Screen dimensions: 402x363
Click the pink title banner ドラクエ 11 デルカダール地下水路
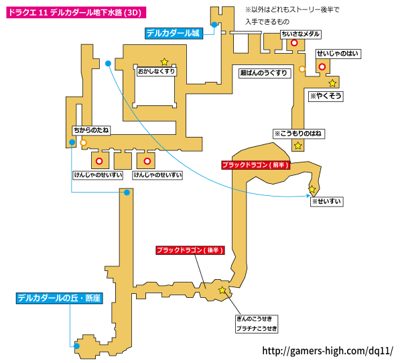tap(76, 12)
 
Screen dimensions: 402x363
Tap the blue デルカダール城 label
tap(174, 34)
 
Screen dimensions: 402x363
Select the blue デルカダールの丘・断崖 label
tap(60, 299)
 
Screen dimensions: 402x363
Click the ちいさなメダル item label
tap(301, 34)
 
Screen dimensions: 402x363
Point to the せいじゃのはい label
tap(338, 54)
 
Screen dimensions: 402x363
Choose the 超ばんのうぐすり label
tap(264, 73)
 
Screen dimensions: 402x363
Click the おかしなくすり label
tap(156, 71)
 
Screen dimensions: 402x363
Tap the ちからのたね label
tap(91, 130)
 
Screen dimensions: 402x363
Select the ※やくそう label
tap(326, 96)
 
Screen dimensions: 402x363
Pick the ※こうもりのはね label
tap(299, 134)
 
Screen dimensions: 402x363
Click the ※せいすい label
tap(327, 201)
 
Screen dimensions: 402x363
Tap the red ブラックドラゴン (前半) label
tap(256, 165)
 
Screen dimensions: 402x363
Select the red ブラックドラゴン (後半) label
tap(190, 250)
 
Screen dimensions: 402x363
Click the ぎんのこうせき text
tap(254, 319)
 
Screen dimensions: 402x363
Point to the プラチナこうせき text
tap(257, 328)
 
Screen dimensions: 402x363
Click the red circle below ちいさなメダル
tap(294, 43)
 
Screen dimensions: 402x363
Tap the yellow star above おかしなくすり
tap(164, 62)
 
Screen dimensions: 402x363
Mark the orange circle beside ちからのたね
tap(83, 143)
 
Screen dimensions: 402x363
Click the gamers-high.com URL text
tap(328, 351)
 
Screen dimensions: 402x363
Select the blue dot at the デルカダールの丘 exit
tap(76, 346)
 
